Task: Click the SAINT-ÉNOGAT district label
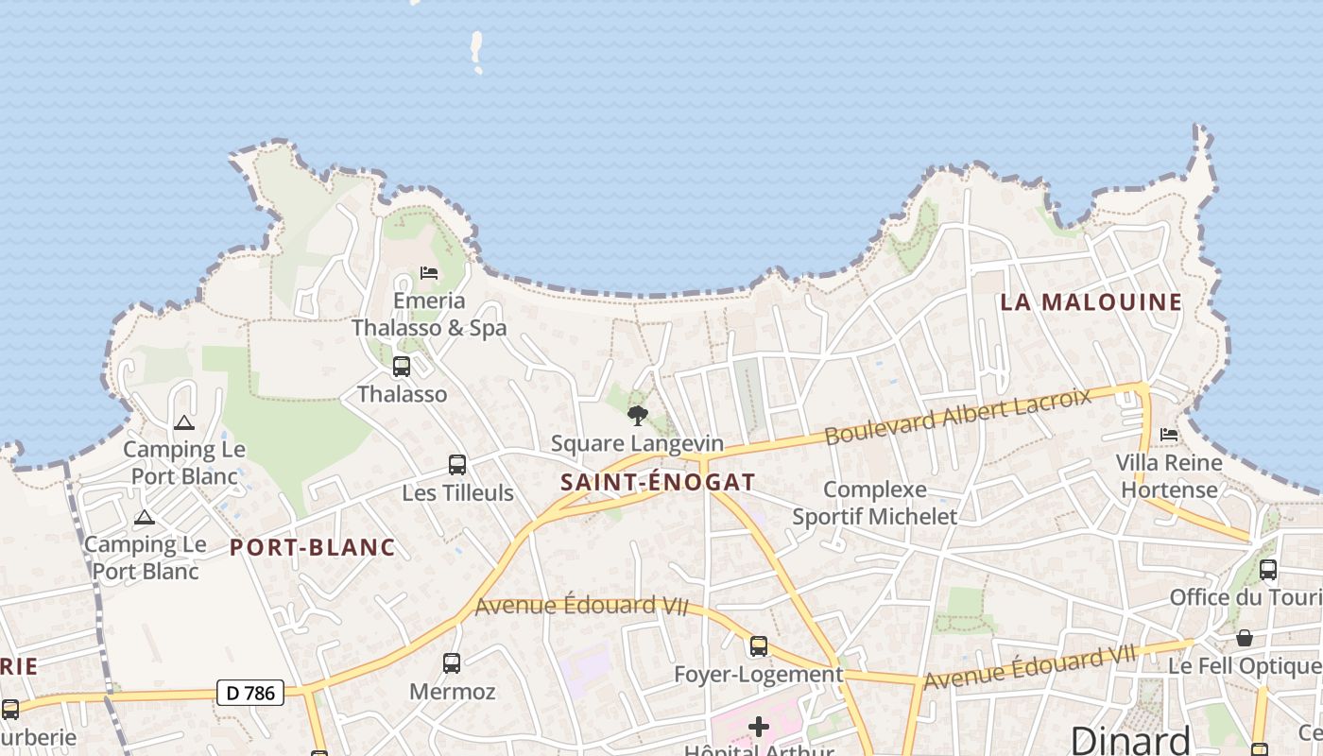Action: click(x=658, y=482)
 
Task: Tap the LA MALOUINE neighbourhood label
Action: click(x=1091, y=302)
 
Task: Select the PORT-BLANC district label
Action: click(x=312, y=547)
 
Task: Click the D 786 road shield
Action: click(x=250, y=693)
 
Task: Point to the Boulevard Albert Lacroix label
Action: click(x=957, y=416)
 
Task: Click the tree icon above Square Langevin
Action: click(x=638, y=415)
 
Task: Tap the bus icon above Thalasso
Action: click(x=402, y=367)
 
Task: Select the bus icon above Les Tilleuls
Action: click(x=457, y=464)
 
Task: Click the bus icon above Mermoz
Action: click(x=452, y=663)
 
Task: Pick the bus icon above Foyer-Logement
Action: click(x=759, y=646)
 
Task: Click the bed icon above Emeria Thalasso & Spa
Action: click(x=429, y=273)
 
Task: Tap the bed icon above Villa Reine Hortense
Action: click(x=1169, y=435)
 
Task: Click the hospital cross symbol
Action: click(x=758, y=727)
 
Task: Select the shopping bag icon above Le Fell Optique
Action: click(x=1245, y=638)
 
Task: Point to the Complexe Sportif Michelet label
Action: click(x=874, y=503)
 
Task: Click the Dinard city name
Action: click(x=1129, y=739)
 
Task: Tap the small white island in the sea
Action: click(x=477, y=49)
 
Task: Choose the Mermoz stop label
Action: click(x=452, y=692)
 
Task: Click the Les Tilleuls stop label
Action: click(x=457, y=492)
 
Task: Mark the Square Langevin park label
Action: click(x=637, y=443)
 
